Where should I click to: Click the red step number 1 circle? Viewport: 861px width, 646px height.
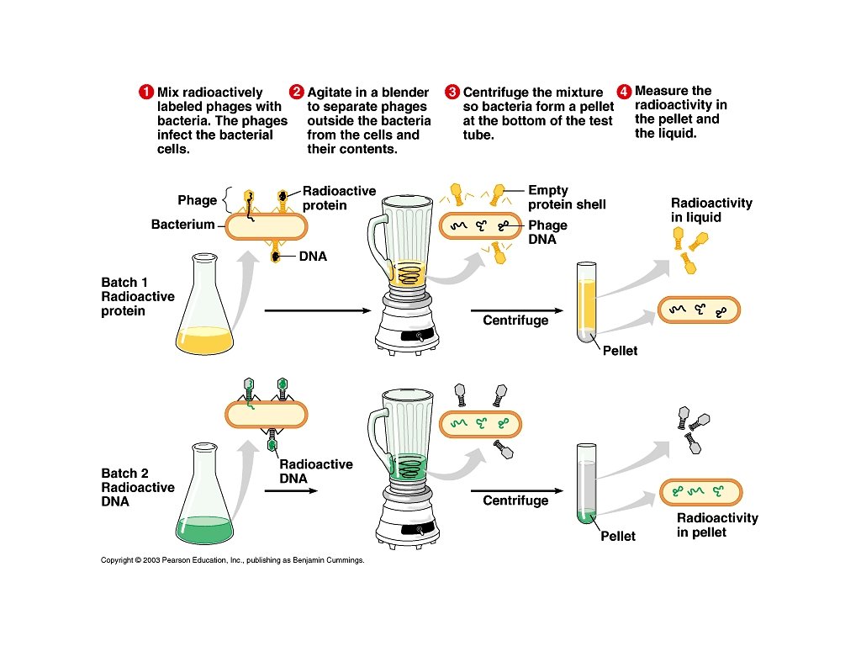[x=146, y=93]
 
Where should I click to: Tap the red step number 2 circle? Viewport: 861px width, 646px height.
[x=297, y=93]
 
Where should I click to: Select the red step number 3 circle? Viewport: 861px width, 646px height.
[x=452, y=93]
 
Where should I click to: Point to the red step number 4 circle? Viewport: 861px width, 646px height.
[x=624, y=91]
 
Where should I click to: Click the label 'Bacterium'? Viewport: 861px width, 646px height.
[x=182, y=225]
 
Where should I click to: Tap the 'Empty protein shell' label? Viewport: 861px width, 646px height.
[x=567, y=198]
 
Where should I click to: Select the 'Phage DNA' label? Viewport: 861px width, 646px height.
[x=547, y=232]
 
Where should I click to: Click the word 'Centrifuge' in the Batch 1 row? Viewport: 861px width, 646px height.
[x=515, y=320]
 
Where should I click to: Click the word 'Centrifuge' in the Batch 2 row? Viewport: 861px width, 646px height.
[x=515, y=500]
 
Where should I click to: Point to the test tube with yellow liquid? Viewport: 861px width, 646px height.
[x=587, y=302]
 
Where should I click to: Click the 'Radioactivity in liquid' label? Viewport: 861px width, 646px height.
[x=711, y=210]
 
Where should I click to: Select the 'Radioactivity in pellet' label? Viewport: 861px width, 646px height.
[x=717, y=525]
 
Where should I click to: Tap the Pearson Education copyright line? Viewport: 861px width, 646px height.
[x=232, y=559]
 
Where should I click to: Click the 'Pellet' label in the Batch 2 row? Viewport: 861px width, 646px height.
[x=618, y=536]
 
